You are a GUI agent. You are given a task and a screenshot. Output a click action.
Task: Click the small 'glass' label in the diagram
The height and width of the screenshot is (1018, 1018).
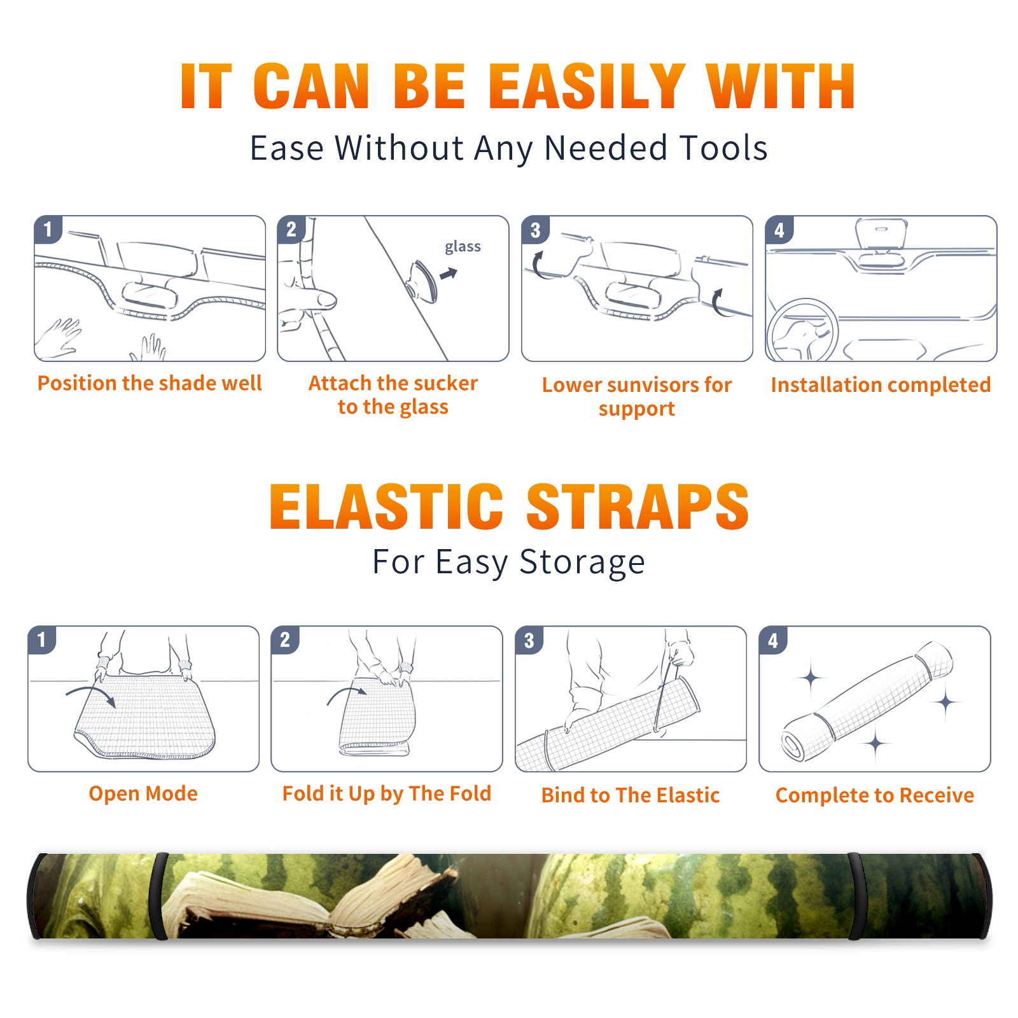463,247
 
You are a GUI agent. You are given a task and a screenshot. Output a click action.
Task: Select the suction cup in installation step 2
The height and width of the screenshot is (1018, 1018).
423,281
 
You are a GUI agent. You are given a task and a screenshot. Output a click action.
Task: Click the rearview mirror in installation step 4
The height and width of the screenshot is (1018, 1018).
881,237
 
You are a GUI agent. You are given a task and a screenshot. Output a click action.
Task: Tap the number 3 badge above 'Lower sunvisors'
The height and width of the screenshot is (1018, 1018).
535,230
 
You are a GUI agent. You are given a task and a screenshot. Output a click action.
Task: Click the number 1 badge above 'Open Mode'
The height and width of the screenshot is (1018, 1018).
42,640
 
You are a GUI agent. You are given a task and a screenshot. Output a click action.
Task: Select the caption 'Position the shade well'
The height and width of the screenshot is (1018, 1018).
150,383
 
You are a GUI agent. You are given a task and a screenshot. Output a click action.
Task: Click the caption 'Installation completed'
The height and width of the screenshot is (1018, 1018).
881,385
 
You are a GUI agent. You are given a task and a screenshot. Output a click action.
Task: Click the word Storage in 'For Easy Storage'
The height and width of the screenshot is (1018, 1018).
582,562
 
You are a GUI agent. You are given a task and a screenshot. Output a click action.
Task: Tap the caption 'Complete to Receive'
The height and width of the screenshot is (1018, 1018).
875,795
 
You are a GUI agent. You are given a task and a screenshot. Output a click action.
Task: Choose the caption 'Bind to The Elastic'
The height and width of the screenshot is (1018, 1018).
631,795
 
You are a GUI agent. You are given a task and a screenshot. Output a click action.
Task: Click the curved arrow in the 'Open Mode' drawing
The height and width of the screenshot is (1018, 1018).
91,694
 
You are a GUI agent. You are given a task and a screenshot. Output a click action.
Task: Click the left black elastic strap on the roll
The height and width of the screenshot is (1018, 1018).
160,896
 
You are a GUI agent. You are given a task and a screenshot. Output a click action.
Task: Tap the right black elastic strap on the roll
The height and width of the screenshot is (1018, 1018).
855,896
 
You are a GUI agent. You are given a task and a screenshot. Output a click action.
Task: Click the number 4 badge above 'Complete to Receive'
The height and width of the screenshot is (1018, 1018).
773,640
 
